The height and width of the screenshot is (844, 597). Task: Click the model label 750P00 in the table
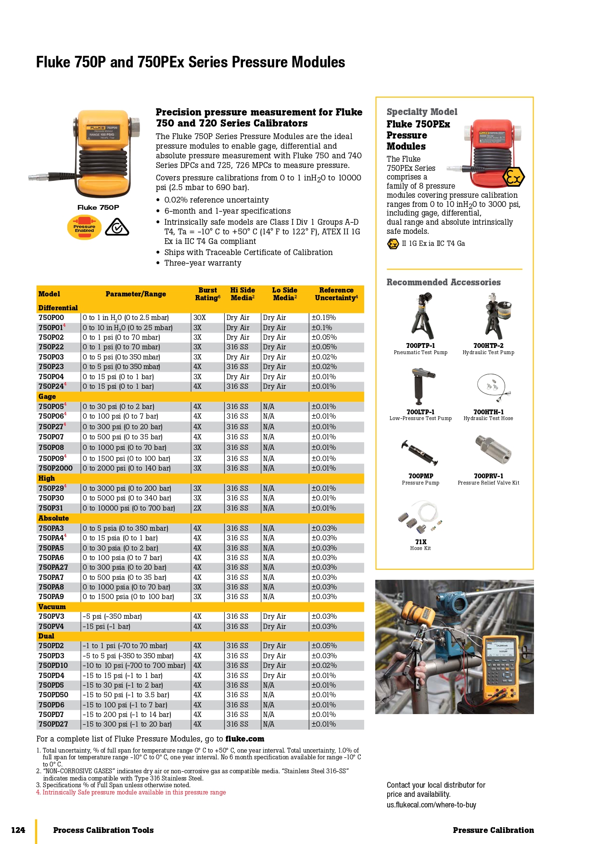[51, 318]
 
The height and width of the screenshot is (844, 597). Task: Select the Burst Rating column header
[207, 294]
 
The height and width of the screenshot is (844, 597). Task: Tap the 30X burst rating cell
[200, 318]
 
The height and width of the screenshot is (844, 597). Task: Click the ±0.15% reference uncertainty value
[324, 318]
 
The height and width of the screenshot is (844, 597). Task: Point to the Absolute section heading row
[53, 518]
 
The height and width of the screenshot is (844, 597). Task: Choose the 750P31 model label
[51, 508]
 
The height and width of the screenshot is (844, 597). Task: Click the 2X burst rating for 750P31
[197, 508]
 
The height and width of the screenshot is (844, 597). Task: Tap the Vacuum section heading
[52, 607]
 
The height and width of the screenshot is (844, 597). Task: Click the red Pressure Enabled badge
[84, 228]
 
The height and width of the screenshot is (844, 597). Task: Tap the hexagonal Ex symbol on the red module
[513, 178]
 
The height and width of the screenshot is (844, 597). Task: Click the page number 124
[18, 830]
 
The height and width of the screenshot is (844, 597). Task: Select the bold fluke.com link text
[245, 739]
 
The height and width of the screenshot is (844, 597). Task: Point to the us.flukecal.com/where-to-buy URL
[432, 805]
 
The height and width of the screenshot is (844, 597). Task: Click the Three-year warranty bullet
[203, 263]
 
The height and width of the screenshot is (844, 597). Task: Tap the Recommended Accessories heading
[444, 282]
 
